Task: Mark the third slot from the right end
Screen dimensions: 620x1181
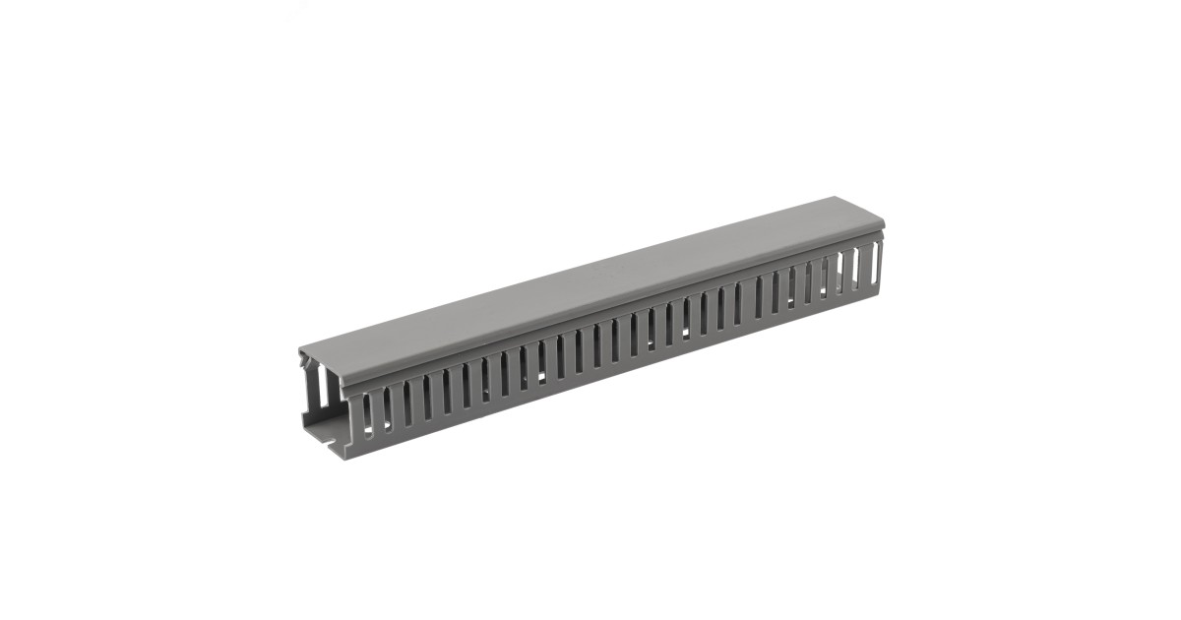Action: click(839, 275)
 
